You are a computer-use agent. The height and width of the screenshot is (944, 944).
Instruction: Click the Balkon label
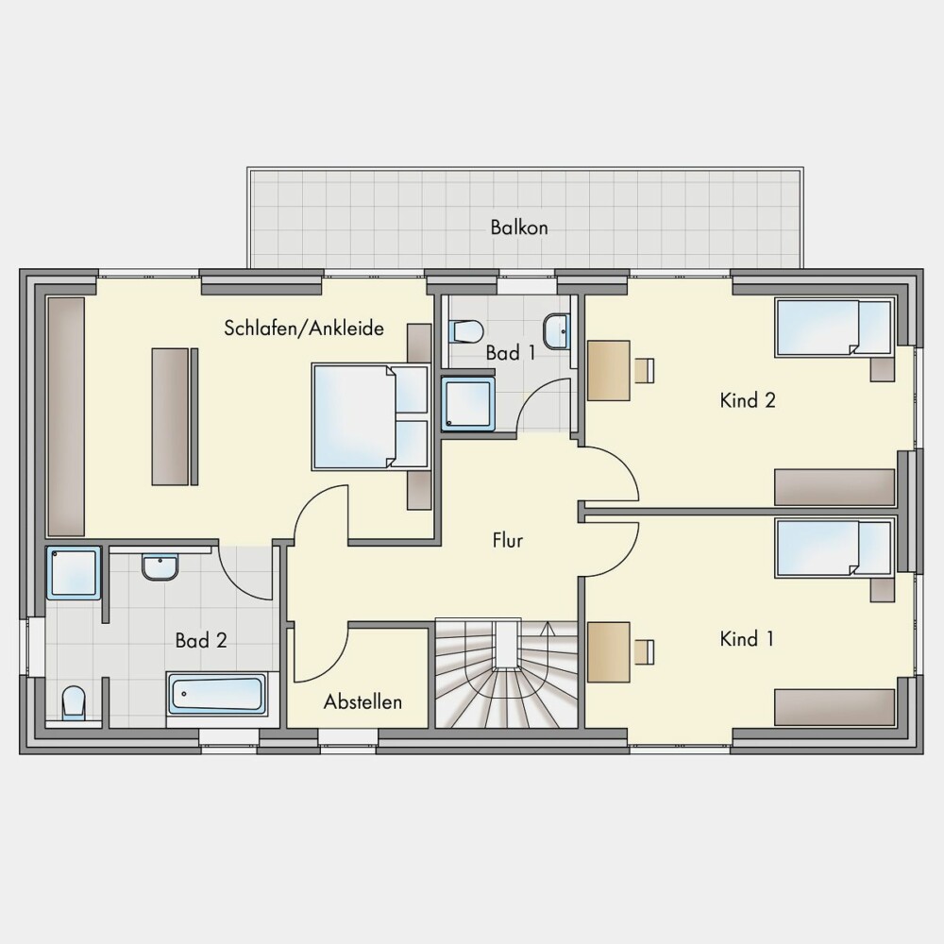point(519,228)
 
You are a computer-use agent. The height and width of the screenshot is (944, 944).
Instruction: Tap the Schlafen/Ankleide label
point(304,329)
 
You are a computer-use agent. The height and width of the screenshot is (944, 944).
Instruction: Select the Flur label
point(508,540)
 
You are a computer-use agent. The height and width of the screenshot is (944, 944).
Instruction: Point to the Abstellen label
point(362,701)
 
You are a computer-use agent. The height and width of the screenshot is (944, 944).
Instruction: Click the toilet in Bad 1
point(465,331)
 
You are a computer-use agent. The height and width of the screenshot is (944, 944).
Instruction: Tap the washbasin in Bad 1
point(557,331)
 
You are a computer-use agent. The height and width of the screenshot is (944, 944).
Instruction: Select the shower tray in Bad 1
point(468,404)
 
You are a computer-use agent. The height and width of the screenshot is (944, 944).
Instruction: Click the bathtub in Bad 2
point(217,694)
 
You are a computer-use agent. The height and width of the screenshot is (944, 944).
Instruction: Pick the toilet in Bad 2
point(74,702)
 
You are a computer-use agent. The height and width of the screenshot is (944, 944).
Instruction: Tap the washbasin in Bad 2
point(160,567)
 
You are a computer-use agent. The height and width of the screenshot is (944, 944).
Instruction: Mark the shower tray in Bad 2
point(74,573)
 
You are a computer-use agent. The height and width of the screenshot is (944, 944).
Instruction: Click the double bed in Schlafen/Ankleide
point(371,416)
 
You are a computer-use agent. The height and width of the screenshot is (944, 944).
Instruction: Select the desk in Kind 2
point(609,370)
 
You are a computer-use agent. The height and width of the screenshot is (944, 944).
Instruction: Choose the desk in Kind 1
point(609,652)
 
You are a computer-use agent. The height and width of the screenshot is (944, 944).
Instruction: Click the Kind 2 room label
point(748,400)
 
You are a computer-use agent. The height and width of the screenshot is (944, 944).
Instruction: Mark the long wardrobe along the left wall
point(66,416)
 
